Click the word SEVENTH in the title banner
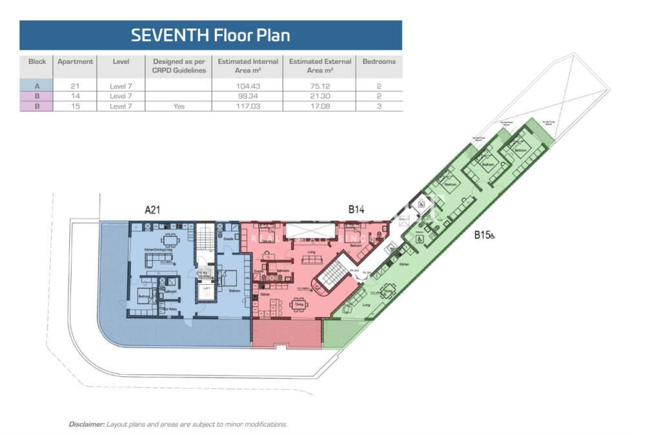pos(170,35)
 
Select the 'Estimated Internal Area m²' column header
pos(248,66)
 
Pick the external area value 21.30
pos(320,96)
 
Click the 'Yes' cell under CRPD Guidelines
pos(179,106)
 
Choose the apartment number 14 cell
pos(75,96)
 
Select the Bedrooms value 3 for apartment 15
pos(378,106)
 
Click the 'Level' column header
pos(121,61)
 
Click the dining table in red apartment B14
pos(298,304)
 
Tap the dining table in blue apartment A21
pos(170,241)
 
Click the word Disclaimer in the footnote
pos(86,424)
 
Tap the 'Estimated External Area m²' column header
pos(320,66)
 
